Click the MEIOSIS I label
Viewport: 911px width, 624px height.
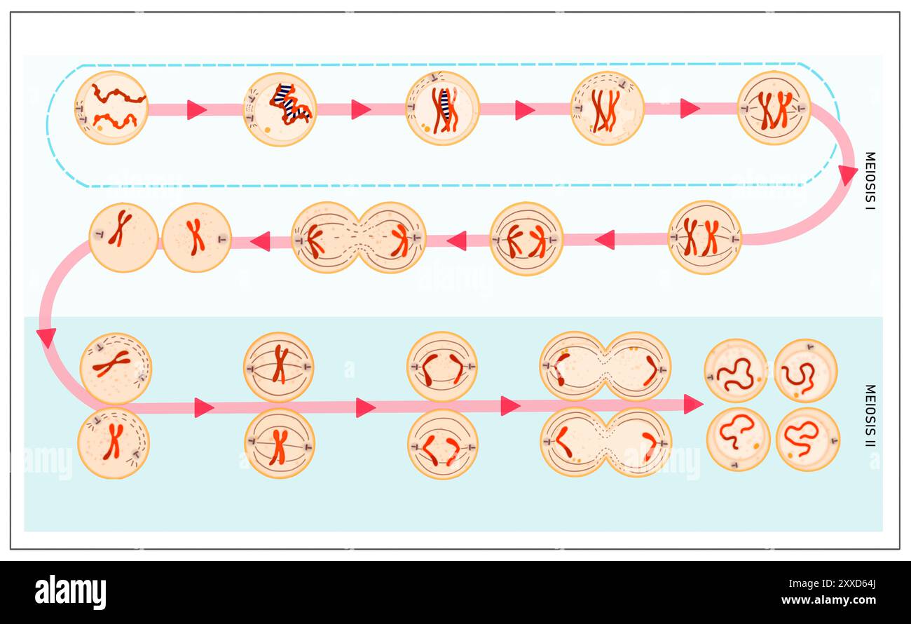(x=870, y=181)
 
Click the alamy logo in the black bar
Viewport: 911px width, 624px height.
(x=70, y=592)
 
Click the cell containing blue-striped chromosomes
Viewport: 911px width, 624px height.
(x=280, y=109)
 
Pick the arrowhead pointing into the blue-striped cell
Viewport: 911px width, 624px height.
(x=196, y=109)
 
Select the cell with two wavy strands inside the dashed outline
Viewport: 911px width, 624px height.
(x=111, y=108)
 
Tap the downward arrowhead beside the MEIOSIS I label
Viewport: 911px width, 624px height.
(x=848, y=174)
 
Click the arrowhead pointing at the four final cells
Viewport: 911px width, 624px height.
(x=692, y=404)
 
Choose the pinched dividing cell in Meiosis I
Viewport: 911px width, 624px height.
(x=358, y=238)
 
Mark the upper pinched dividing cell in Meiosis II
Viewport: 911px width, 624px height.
(x=605, y=366)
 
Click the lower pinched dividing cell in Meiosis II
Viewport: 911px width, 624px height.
(x=605, y=442)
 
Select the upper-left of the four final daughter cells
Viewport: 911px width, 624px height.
(x=735, y=371)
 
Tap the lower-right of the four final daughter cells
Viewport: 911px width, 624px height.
(x=807, y=439)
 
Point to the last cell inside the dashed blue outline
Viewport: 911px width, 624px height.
(x=773, y=108)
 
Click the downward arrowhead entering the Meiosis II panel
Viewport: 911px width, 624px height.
(x=46, y=337)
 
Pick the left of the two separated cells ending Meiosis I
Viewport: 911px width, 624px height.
(x=123, y=237)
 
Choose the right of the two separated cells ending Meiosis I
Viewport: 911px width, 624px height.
(x=196, y=237)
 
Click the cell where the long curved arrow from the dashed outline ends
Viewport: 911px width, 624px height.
(x=704, y=237)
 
